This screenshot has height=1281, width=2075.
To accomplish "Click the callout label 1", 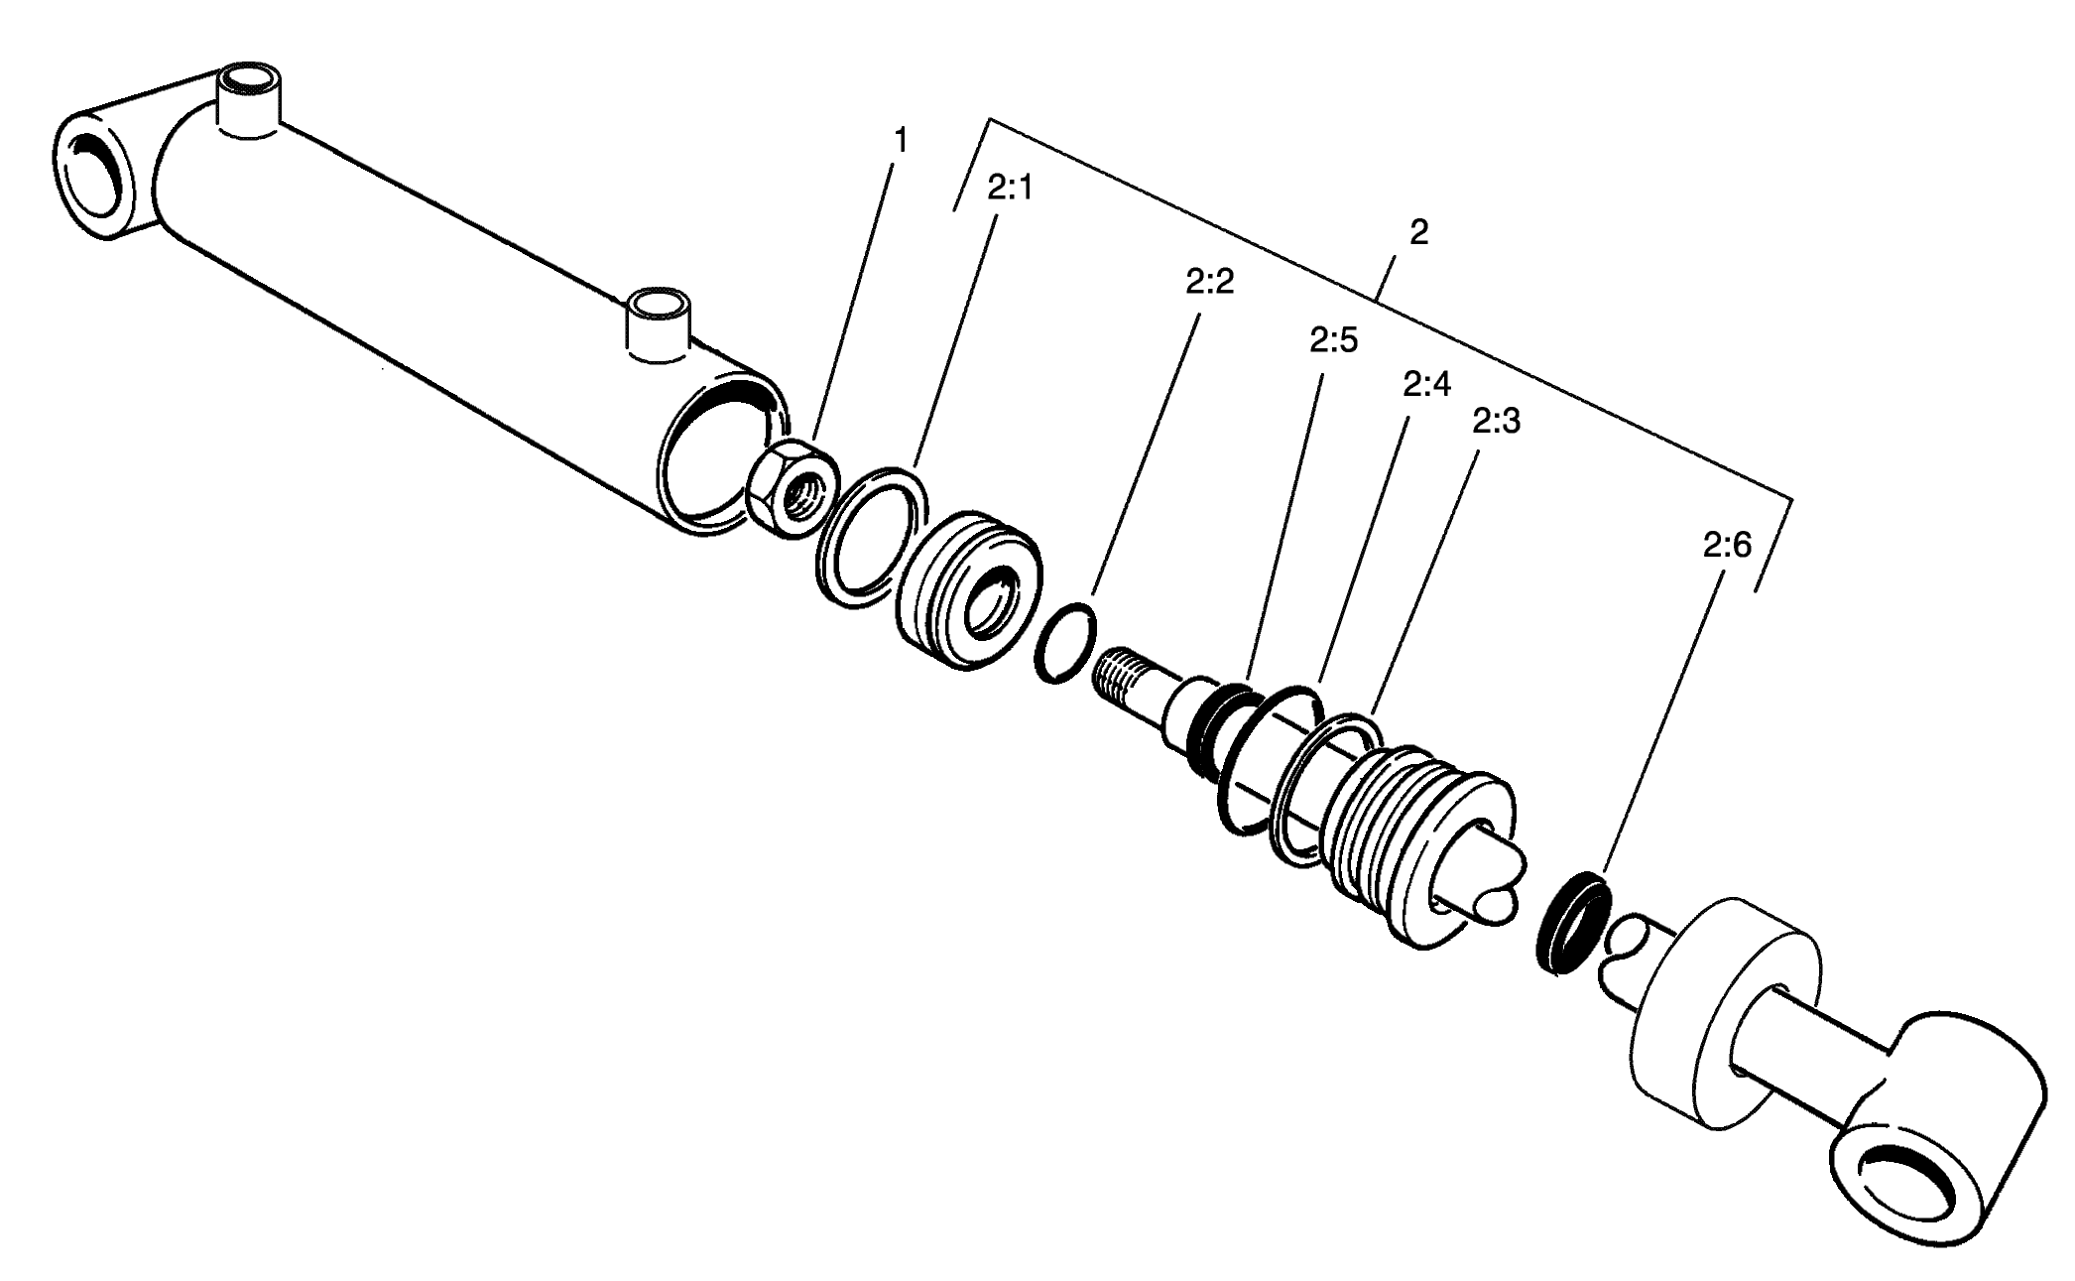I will click(900, 142).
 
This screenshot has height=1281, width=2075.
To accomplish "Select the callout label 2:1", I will click(1010, 188).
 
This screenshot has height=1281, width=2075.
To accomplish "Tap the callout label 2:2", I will click(1209, 282).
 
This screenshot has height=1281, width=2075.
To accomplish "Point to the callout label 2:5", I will click(1333, 341).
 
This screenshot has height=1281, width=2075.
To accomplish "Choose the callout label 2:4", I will click(1426, 384).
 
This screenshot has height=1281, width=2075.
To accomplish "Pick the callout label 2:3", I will click(1496, 423).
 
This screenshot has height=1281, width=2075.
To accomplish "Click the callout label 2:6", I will click(1727, 545).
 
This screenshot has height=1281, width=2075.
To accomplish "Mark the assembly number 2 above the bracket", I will click(1418, 233).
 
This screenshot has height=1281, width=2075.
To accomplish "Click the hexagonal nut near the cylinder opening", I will click(791, 489).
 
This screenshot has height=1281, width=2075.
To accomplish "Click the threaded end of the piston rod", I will click(1127, 674).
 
